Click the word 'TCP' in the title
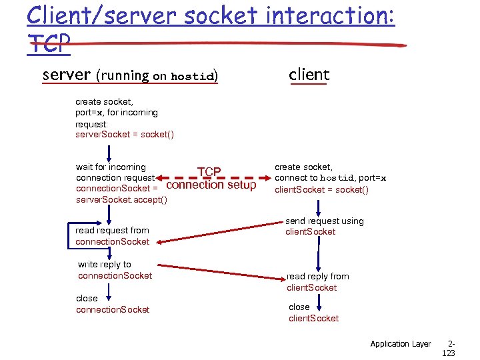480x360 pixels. [x=49, y=44]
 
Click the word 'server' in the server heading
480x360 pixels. [x=66, y=75]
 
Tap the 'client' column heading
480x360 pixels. [x=309, y=75]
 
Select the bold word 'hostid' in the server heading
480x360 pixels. [x=192, y=76]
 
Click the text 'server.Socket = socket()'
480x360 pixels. [x=125, y=135]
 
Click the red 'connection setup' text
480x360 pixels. [x=211, y=185]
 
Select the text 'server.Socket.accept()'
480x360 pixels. [x=121, y=200]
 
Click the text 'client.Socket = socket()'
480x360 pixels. [x=322, y=189]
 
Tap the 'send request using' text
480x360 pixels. [x=325, y=221]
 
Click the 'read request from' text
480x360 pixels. [x=112, y=230]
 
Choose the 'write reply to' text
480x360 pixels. [x=105, y=264]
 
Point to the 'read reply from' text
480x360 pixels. [x=318, y=276]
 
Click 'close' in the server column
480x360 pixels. [x=87, y=298]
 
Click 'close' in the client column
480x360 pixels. [x=299, y=307]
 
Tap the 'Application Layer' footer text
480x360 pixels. [x=401, y=343]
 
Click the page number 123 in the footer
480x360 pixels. [x=448, y=353]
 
